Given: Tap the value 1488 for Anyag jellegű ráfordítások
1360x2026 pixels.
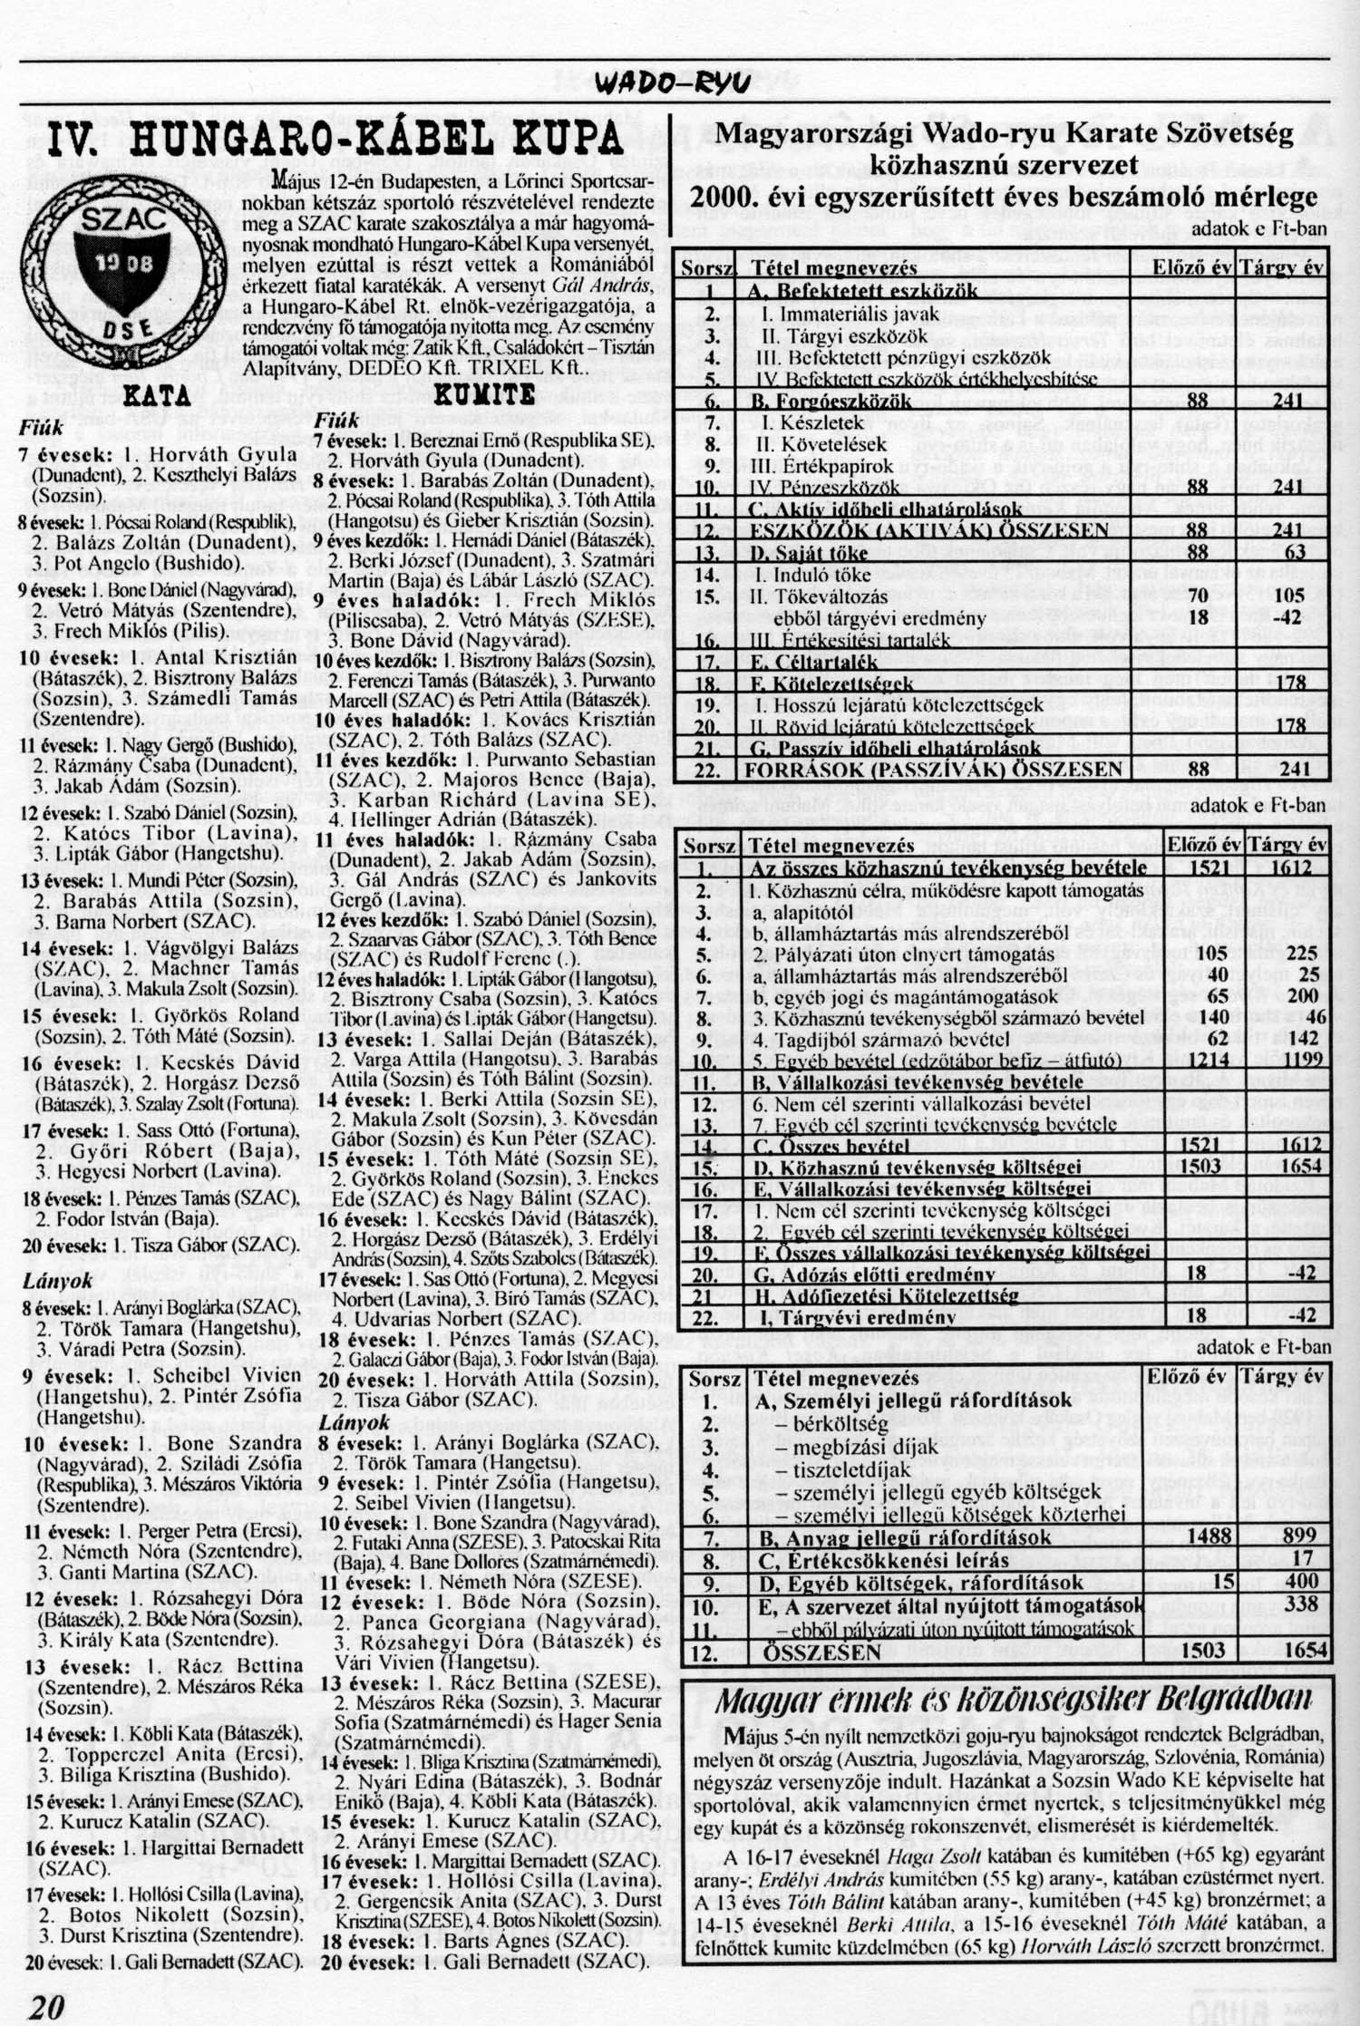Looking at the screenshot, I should pos(1209,1536).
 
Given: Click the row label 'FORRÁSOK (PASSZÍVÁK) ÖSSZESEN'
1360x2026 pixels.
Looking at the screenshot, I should pos(933,770).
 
